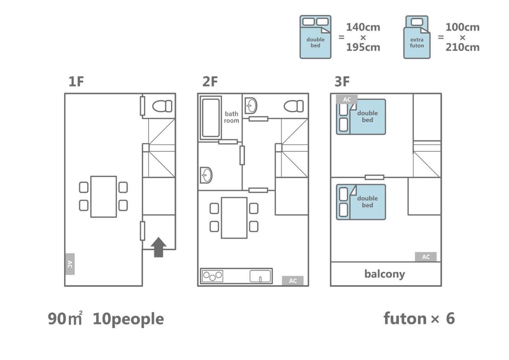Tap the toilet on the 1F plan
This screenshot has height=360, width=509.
point(162,106)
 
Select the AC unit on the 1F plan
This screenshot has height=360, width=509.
point(70,264)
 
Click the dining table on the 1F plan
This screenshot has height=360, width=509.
point(103,197)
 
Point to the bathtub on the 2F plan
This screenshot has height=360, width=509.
point(210,118)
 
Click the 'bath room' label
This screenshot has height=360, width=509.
point(232,117)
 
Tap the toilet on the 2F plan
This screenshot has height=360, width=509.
point(294,106)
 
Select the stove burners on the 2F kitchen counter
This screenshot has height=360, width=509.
point(213,276)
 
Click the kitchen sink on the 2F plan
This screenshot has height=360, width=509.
point(260,276)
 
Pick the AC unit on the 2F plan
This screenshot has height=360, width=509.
point(293,281)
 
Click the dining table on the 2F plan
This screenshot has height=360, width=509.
point(234,218)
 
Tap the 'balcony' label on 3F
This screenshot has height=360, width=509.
point(385,274)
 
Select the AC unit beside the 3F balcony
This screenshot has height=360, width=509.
point(426,257)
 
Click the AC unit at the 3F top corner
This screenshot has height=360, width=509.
point(347,99)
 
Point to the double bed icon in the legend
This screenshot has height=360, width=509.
point(315,37)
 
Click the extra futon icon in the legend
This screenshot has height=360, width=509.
point(417,37)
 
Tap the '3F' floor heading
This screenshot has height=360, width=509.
point(342,82)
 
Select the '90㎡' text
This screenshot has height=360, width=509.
point(65,318)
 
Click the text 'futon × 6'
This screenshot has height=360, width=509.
point(419,319)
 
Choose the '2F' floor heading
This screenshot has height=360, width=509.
point(210,82)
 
